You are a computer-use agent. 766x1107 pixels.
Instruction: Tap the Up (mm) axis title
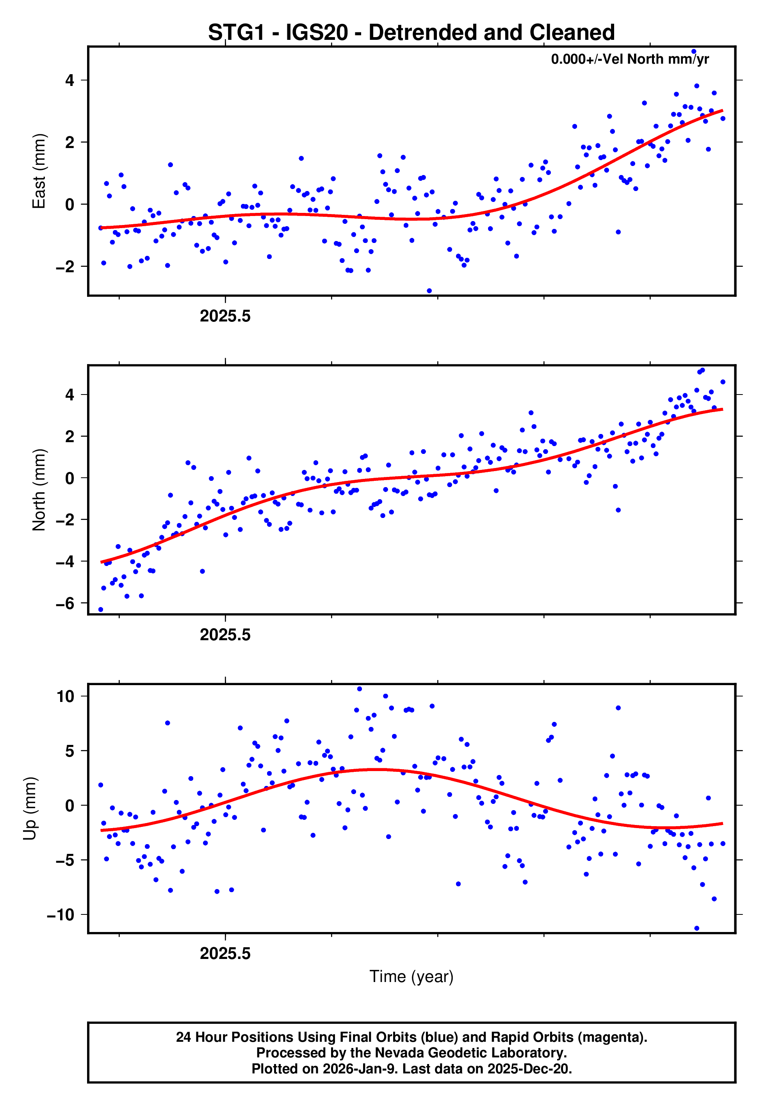point(30,809)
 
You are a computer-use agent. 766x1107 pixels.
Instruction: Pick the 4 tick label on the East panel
point(69,80)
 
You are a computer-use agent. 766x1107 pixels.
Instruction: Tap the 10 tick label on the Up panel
point(65,696)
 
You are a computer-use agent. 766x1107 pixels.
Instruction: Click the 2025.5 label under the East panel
point(225,316)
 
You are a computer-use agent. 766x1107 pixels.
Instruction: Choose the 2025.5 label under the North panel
point(225,635)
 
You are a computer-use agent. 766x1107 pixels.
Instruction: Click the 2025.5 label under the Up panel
point(225,953)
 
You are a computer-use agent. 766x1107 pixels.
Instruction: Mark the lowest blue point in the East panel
point(429,291)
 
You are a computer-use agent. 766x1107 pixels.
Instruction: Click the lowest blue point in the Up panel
point(697,928)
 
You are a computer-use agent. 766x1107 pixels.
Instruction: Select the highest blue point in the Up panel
point(360,689)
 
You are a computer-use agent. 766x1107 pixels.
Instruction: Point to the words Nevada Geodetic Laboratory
point(470,1053)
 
